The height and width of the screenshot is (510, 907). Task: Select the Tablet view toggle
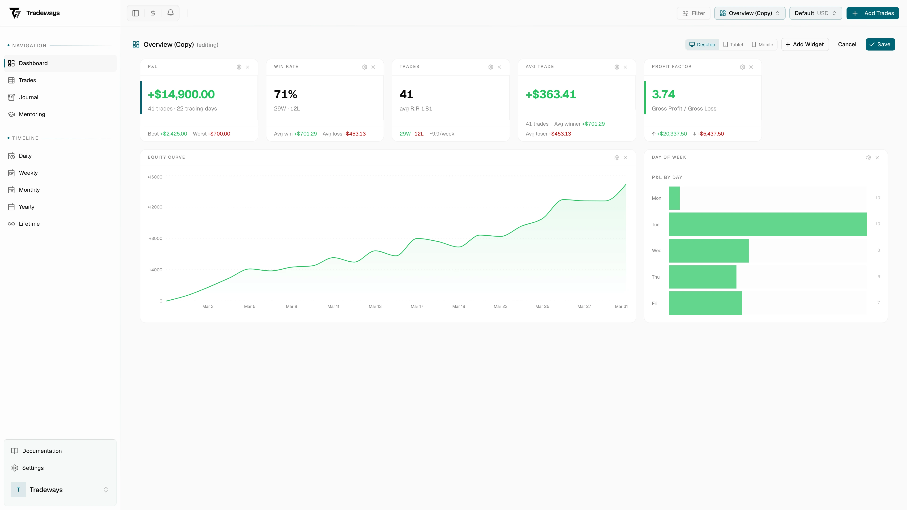733,45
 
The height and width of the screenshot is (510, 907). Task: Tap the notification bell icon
170,13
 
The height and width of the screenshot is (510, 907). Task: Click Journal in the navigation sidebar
29,97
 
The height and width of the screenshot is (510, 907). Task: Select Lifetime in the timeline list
29,224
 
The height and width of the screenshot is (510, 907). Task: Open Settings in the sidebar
33,468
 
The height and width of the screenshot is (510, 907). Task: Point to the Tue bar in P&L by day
768,224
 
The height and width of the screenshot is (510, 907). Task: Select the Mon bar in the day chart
674,198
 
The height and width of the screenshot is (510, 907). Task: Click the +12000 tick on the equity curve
155,207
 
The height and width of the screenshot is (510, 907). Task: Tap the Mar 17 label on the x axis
417,306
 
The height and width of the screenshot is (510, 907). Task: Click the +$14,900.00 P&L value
181,94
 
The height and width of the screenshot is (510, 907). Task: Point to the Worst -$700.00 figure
211,134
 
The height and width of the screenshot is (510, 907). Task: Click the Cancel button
847,44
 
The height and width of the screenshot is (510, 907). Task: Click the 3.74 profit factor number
663,94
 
